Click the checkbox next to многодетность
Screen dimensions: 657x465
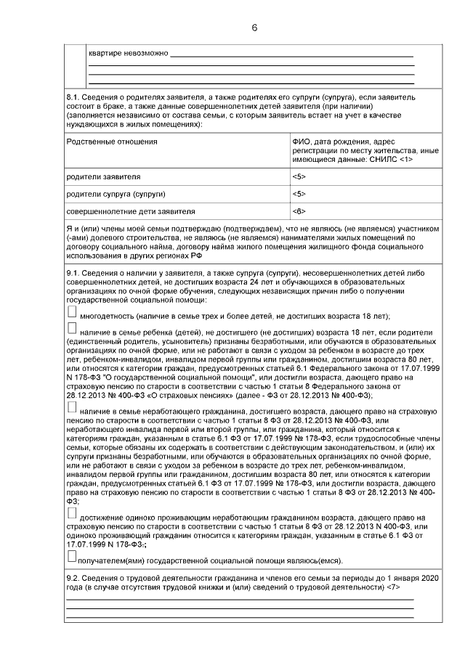tap(71, 311)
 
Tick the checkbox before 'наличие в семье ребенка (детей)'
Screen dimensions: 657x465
tap(71, 329)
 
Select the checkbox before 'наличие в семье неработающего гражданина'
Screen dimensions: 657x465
tap(71, 411)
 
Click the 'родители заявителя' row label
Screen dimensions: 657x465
tap(103, 176)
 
